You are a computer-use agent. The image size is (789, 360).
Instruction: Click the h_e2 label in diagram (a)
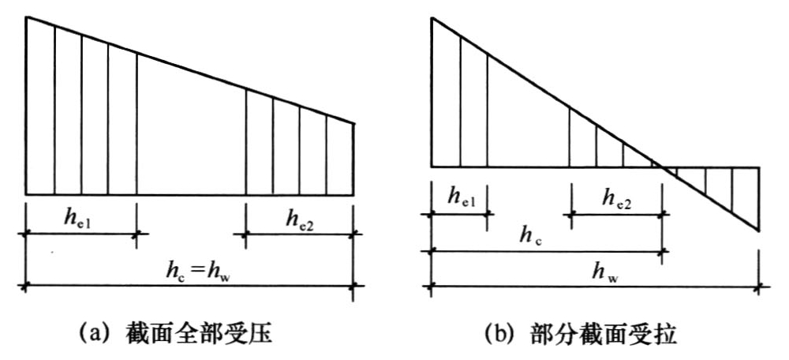[x=301, y=219]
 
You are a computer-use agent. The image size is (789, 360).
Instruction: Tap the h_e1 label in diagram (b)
[x=462, y=197]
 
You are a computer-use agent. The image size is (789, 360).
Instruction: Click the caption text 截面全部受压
[x=199, y=334]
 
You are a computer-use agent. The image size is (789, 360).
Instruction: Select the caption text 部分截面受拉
[x=604, y=334]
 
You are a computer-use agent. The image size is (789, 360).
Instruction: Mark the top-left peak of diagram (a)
[x=27, y=17]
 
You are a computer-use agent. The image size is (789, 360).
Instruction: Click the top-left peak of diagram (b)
[x=432, y=17]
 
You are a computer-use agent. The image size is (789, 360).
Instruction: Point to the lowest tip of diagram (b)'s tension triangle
[x=758, y=231]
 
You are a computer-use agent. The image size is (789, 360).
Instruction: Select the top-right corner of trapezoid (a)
[x=353, y=123]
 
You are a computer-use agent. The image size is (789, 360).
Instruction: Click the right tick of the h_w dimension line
[x=759, y=287]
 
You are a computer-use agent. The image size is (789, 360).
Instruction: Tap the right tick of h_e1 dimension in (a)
[x=136, y=234]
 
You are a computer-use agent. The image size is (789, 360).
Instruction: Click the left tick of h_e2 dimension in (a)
[x=245, y=234]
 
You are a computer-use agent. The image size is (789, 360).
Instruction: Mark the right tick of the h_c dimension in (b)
[x=663, y=250]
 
